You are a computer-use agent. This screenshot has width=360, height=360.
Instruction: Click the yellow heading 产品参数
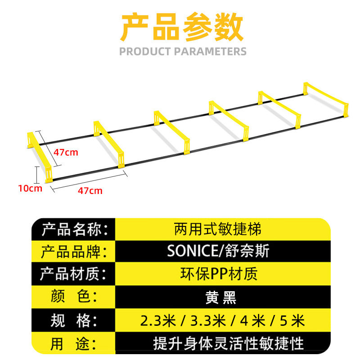pyautogui.click(x=182, y=27)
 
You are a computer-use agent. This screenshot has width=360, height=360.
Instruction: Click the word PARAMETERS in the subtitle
pyautogui.click(x=210, y=51)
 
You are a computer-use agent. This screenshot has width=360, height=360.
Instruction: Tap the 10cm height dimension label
pyautogui.click(x=30, y=188)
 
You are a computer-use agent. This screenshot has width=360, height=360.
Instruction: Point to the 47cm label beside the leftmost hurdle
pyautogui.click(x=66, y=152)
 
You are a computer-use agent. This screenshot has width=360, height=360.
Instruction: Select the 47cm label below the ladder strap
pyautogui.click(x=90, y=191)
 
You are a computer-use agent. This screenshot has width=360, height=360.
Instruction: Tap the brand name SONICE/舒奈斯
pyautogui.click(x=218, y=251)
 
